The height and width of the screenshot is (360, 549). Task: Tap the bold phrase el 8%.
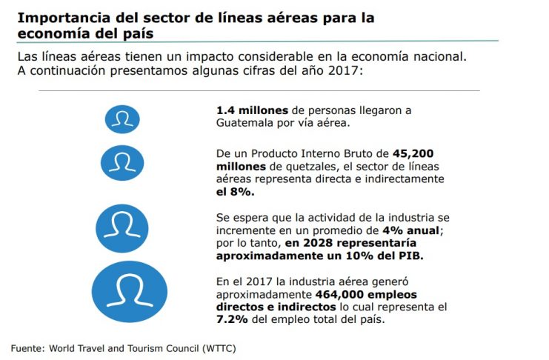click(x=236, y=192)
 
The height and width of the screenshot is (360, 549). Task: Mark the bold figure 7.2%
click(x=232, y=319)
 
